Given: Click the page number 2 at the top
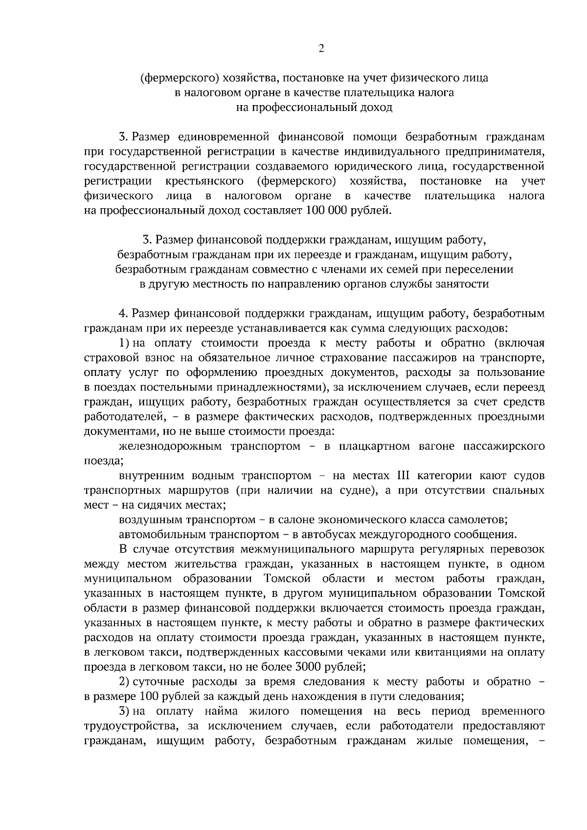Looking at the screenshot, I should point(321,48).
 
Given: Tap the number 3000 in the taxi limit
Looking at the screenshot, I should point(306,666).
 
